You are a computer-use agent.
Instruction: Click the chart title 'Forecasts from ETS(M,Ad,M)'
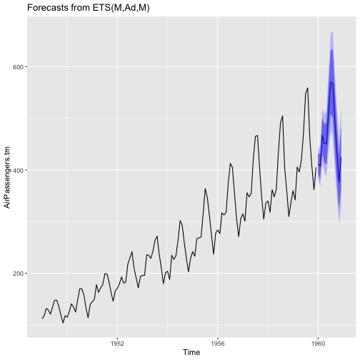89,8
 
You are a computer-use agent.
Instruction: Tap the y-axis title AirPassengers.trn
7,177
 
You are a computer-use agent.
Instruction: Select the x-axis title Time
191,352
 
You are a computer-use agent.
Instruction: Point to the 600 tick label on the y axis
19,67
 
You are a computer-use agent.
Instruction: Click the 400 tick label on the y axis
19,170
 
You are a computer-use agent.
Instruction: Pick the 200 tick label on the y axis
19,274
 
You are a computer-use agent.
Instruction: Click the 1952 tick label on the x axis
117,344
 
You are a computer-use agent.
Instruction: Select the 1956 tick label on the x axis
218,344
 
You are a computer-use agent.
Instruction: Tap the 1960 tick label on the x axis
318,344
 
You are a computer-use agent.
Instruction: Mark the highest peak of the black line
308,88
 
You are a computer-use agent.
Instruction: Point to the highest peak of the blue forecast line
331,82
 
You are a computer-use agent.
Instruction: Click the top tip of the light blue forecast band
332,31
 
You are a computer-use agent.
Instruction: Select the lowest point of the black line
63,323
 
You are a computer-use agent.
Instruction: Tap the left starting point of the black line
42,319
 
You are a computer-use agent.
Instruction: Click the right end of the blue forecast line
341,157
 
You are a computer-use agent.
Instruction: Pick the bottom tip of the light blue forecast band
339,222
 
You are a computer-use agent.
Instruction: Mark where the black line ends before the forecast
316,167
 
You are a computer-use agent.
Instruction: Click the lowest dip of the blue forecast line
339,182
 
